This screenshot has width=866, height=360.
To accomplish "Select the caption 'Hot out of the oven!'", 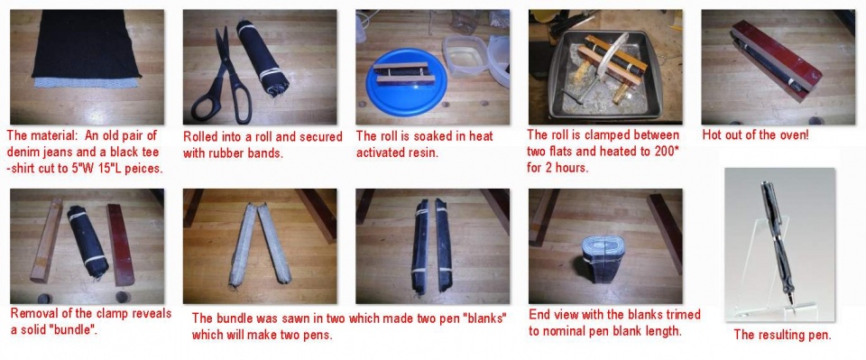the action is click(755, 135).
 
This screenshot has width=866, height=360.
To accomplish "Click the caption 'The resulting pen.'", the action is click(782, 335).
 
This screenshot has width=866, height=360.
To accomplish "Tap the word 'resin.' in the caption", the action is click(424, 153).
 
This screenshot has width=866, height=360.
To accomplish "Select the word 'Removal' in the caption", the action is click(33, 314).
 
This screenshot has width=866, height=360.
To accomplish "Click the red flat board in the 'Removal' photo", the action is click(120, 245).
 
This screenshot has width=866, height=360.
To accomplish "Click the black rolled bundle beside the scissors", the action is click(263, 59).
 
